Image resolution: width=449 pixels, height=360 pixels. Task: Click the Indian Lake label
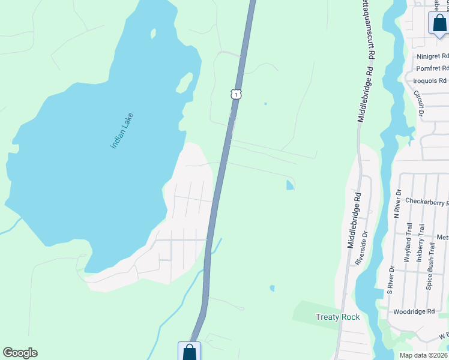click(x=121, y=131)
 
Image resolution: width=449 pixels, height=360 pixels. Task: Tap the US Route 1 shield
click(x=237, y=94)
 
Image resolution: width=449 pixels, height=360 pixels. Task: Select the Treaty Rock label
click(x=337, y=317)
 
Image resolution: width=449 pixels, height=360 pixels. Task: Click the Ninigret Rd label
click(x=432, y=56)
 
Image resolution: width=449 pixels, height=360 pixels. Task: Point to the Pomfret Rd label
click(x=432, y=68)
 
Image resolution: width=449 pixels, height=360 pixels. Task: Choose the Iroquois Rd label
click(x=430, y=80)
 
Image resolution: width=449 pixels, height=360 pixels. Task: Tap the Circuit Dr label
click(x=419, y=103)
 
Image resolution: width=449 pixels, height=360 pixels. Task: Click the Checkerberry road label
click(x=427, y=202)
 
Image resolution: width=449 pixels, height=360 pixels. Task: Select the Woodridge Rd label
click(x=414, y=312)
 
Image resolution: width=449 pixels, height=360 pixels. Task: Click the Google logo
click(x=20, y=353)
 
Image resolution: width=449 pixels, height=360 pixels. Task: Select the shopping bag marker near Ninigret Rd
click(x=439, y=23)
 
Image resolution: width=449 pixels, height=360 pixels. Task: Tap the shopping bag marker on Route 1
click(x=189, y=351)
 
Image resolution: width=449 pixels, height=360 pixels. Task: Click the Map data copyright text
click(x=423, y=355)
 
